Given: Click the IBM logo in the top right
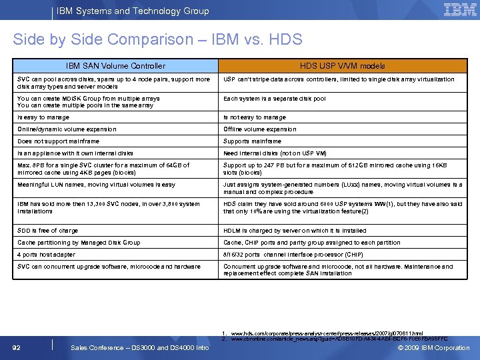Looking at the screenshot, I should point(459,10).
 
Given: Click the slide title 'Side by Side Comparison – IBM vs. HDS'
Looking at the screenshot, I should point(157,39).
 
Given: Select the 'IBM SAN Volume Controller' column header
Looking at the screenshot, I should point(115,66).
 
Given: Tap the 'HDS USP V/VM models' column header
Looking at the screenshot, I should point(342,66).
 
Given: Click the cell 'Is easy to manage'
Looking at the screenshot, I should point(43,117).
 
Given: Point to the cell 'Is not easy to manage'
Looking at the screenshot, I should point(254,117).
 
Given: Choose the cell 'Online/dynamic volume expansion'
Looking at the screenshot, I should point(67,129).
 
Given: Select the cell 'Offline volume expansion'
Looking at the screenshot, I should point(260,129).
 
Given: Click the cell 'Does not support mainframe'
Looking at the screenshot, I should point(58,141).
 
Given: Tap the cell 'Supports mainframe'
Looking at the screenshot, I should point(252,141).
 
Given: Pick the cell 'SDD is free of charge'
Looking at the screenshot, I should point(47,231).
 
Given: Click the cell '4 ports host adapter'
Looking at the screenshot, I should point(46,255).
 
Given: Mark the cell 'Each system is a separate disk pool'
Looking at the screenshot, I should point(275,99).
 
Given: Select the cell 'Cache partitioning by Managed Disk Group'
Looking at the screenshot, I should point(79,243).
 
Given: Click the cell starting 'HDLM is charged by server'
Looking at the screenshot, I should point(295,231).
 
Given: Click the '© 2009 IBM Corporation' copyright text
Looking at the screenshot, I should point(433,347).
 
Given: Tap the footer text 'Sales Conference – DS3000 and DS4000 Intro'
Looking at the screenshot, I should point(139,347).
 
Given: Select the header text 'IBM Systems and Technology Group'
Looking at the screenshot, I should point(133,11).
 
